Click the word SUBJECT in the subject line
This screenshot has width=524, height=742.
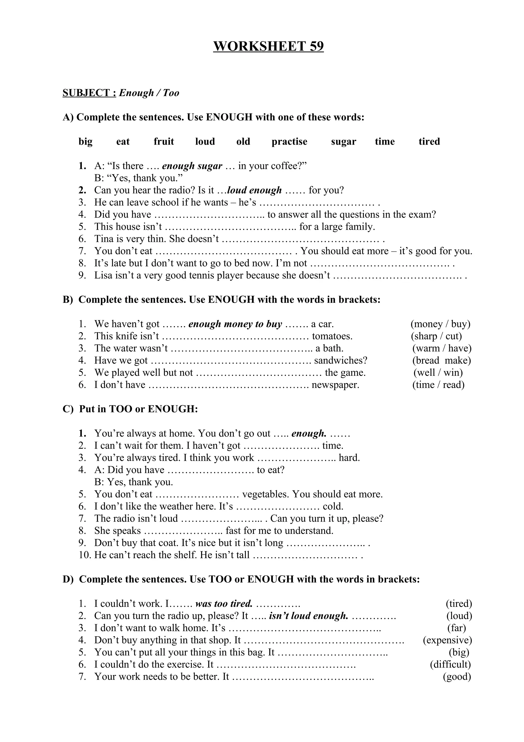[x=89, y=93]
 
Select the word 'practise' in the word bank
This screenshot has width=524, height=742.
[x=289, y=142]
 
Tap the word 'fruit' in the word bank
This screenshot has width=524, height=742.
[x=164, y=142]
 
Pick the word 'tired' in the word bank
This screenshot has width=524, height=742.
[x=429, y=142]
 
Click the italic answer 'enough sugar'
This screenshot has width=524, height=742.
[x=192, y=166]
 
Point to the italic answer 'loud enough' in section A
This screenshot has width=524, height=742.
[x=254, y=190]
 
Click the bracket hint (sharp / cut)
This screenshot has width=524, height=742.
[x=436, y=336]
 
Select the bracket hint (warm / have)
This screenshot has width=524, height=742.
[x=442, y=348]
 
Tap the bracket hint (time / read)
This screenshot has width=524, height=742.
[x=438, y=385]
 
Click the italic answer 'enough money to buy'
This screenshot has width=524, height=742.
[x=235, y=324]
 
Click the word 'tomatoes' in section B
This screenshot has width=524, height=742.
[x=332, y=336]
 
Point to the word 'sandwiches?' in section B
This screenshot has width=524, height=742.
[x=341, y=361]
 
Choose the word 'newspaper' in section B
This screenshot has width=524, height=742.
[x=335, y=385]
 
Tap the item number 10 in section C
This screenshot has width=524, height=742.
[x=85, y=555]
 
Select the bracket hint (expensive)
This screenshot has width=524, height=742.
[x=447, y=640]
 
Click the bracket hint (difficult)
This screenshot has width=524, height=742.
[x=450, y=664]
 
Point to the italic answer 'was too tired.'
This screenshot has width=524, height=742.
[x=224, y=604]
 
